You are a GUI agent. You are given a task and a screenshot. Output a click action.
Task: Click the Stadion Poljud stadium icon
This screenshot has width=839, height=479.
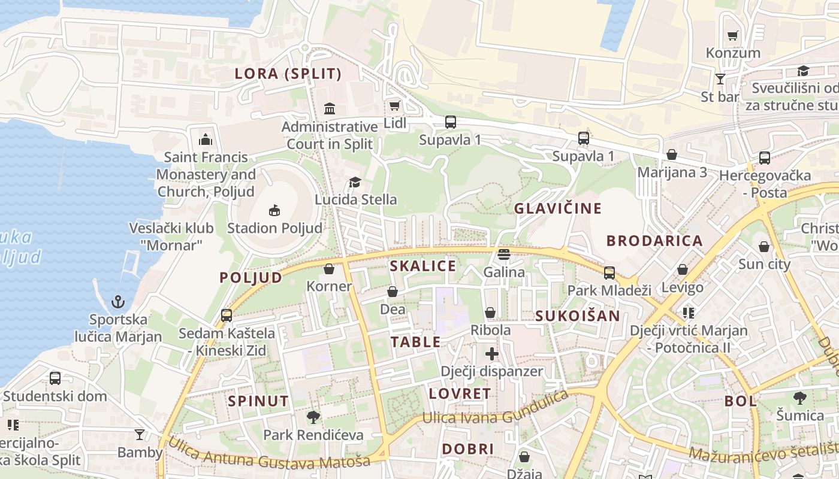274,210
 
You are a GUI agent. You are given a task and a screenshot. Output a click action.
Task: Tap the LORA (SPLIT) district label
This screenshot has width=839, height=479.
288,74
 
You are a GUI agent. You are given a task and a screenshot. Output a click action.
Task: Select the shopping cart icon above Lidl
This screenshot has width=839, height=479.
394,106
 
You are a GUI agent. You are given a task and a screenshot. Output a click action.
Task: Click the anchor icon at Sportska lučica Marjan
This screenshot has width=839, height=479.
118,301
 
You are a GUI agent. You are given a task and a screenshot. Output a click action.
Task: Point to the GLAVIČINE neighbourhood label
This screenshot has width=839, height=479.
557,208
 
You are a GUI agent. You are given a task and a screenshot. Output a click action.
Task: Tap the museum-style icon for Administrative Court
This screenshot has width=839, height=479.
330,108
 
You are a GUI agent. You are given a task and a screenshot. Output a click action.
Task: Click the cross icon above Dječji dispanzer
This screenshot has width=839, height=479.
492,354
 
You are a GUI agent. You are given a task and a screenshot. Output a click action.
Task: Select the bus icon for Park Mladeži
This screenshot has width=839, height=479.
609,273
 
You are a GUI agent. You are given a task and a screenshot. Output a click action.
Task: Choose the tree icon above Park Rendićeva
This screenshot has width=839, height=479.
313,417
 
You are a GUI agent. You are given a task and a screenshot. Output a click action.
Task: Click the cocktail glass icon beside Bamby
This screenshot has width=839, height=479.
140,434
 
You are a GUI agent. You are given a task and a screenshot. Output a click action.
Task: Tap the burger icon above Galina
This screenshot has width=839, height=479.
503,254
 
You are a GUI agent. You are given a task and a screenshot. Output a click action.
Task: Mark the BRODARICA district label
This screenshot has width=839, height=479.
654,241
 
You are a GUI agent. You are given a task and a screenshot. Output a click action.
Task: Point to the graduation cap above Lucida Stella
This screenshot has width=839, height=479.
355,182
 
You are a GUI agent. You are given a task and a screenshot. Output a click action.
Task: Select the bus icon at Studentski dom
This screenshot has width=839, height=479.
55,378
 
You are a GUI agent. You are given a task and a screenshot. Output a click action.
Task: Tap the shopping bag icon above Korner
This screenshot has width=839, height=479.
328,269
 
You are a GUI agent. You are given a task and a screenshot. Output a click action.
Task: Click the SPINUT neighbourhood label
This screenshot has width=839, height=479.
258,401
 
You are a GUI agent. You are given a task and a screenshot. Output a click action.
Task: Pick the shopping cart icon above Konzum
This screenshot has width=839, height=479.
732,36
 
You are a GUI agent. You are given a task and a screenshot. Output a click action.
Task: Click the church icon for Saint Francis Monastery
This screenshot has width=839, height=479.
206,140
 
